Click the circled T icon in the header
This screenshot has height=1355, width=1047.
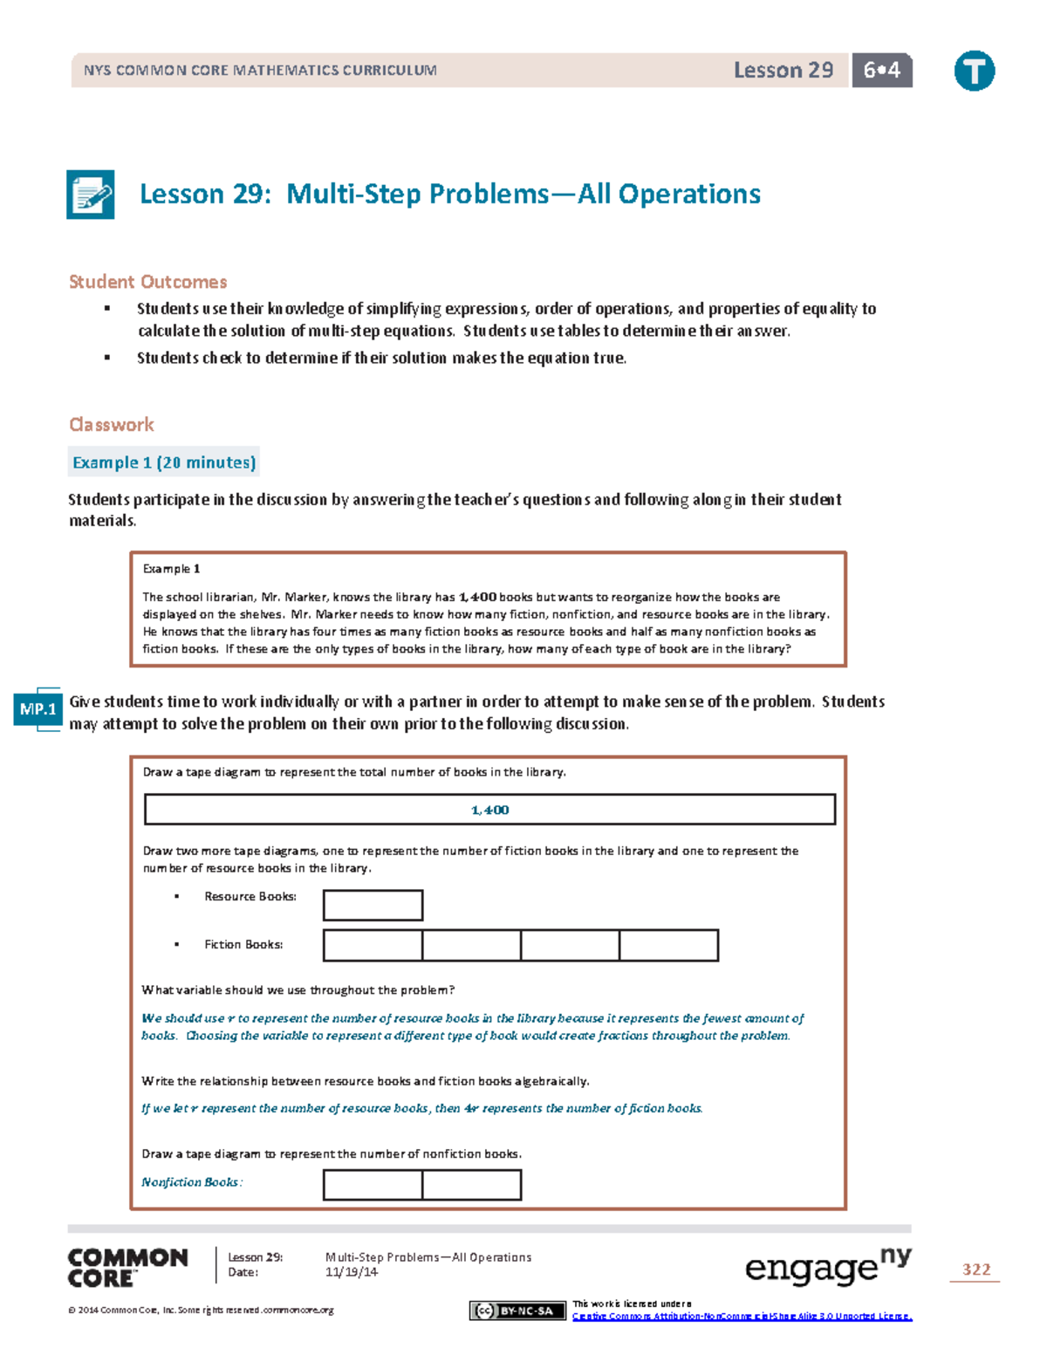click(974, 71)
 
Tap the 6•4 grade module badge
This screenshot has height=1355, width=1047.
click(881, 71)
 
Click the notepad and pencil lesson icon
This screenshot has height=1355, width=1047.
click(91, 194)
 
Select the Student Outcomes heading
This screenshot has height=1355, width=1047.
click(147, 282)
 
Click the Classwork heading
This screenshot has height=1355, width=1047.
click(112, 425)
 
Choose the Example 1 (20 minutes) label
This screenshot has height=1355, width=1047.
click(164, 462)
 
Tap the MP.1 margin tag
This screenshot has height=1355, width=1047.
click(38, 709)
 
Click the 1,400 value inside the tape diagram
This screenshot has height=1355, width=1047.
click(489, 810)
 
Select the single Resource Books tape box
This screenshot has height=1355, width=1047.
click(373, 906)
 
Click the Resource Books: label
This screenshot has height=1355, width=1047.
click(250, 897)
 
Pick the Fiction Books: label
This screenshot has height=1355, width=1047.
click(243, 945)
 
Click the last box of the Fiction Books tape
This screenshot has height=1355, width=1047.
click(668, 946)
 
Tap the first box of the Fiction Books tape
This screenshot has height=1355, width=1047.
click(373, 946)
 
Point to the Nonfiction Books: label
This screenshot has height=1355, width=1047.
click(192, 1182)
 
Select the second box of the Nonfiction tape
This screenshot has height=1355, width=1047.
click(471, 1185)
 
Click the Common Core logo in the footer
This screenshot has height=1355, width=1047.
click(127, 1268)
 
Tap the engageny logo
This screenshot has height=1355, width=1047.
click(827, 1268)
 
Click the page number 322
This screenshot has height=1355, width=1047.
click(975, 1269)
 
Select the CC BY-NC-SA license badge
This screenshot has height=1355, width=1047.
click(517, 1311)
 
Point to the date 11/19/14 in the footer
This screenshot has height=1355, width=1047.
click(352, 1272)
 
